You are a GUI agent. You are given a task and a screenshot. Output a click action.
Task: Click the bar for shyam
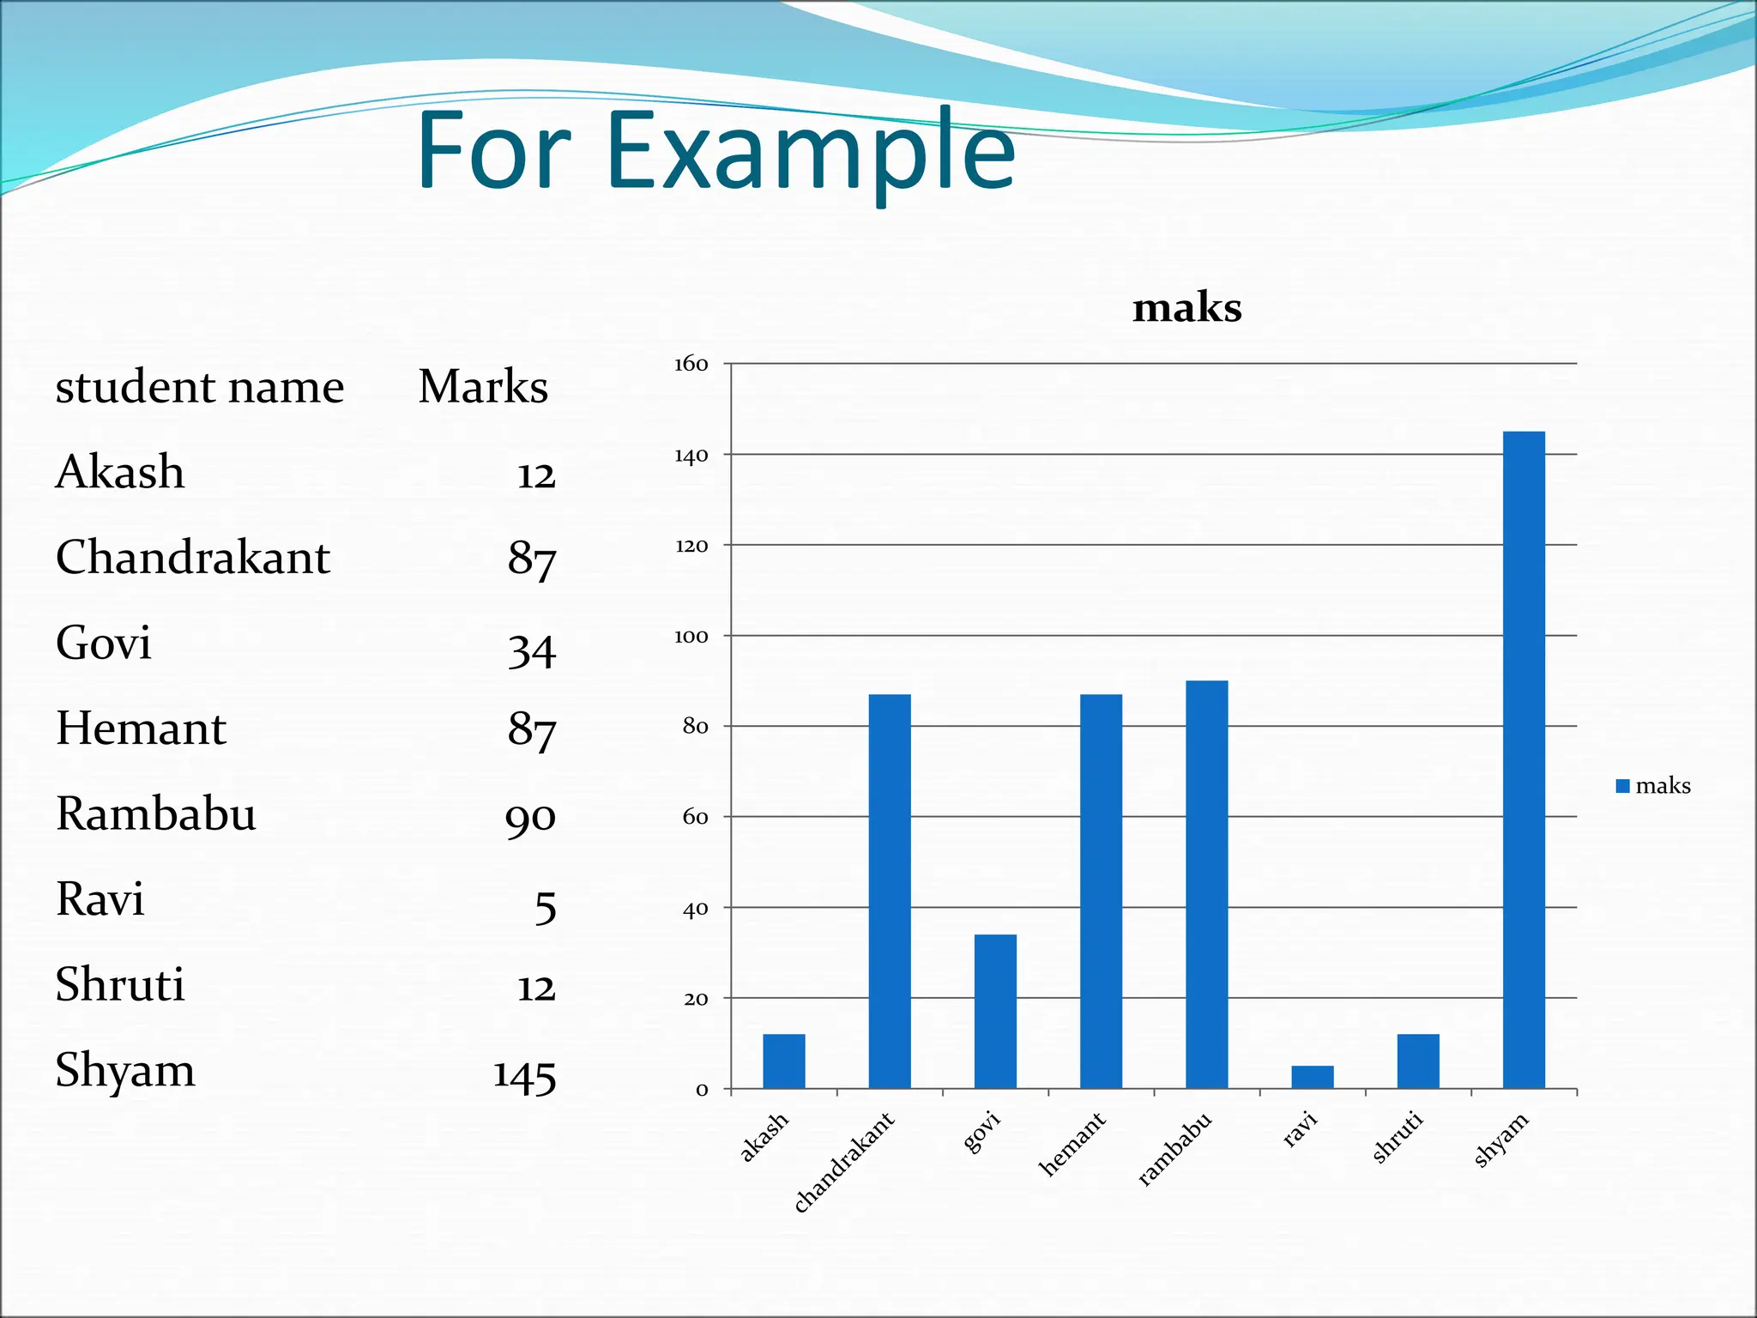1524,759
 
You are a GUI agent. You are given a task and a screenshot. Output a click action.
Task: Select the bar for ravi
1312,1077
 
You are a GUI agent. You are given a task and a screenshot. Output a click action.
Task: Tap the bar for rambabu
1206,884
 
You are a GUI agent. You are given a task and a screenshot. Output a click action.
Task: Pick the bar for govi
995,1011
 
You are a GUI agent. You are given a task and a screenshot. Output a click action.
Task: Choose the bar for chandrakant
890,891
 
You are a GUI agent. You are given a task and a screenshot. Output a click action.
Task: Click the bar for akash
784,1061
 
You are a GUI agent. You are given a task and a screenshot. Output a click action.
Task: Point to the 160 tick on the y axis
691,365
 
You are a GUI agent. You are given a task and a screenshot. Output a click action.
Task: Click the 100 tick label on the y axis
691,637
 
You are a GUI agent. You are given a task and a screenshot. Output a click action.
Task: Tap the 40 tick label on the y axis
695,909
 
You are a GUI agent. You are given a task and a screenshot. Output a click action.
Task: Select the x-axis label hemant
1072,1144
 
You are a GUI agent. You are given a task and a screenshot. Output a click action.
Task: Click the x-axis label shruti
1398,1137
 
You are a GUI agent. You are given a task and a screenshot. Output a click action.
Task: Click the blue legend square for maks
1622,786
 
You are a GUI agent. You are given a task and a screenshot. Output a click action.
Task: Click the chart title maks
1186,308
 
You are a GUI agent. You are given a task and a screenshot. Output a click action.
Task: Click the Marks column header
483,387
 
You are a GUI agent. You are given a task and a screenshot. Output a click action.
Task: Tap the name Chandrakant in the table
193,558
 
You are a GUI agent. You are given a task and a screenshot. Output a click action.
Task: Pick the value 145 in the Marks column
524,1075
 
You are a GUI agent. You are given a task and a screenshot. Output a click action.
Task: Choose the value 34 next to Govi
532,650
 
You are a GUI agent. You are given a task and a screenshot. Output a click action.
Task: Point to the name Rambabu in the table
156,813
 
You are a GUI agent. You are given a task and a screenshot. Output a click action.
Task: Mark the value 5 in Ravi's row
546,907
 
